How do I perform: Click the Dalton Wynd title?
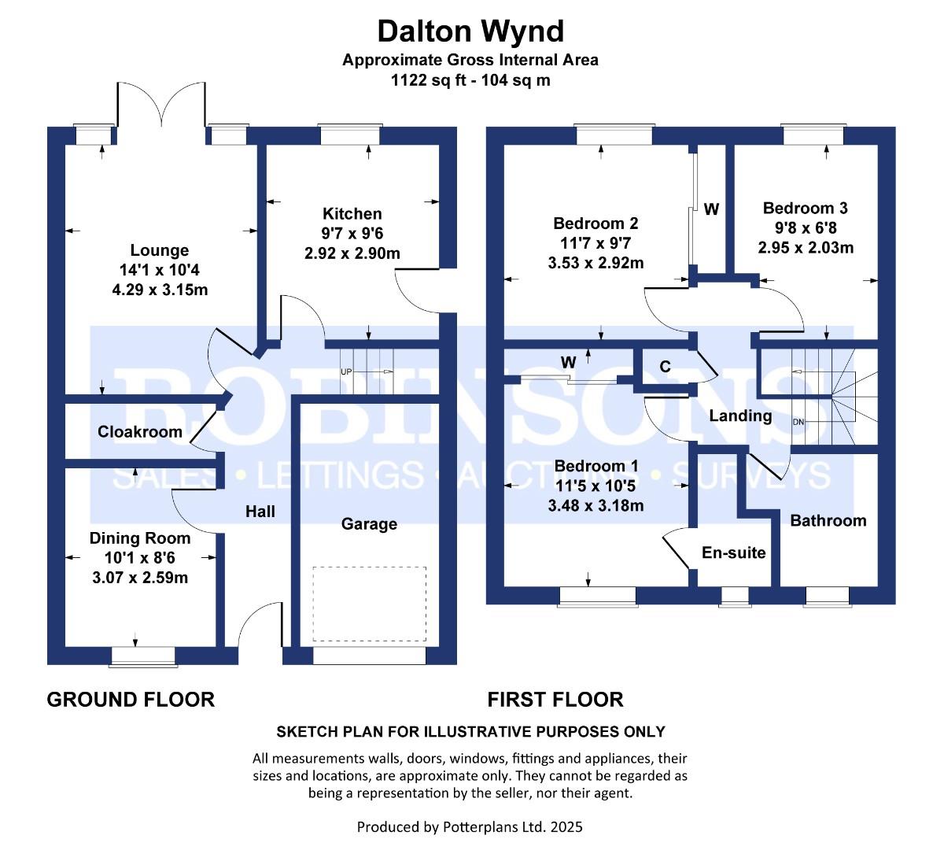[x=470, y=31]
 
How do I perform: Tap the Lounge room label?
[x=160, y=250]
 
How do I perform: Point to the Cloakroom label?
[x=140, y=431]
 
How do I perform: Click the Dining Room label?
[x=139, y=538]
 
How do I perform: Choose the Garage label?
[x=369, y=524]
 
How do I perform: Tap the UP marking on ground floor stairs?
[x=345, y=371]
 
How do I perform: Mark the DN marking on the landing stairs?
[x=799, y=423]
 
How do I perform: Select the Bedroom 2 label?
[x=596, y=224]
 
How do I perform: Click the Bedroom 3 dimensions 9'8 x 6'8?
[x=806, y=228]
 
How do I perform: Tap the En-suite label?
[x=733, y=552]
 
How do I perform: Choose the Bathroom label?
[x=828, y=520]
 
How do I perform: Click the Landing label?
[x=740, y=416]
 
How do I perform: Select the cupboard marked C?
[x=665, y=367]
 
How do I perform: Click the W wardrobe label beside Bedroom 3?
[x=711, y=209]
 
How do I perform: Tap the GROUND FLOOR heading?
[x=131, y=699]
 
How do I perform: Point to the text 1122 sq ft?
[x=426, y=79]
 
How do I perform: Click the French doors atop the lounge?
[x=162, y=105]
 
